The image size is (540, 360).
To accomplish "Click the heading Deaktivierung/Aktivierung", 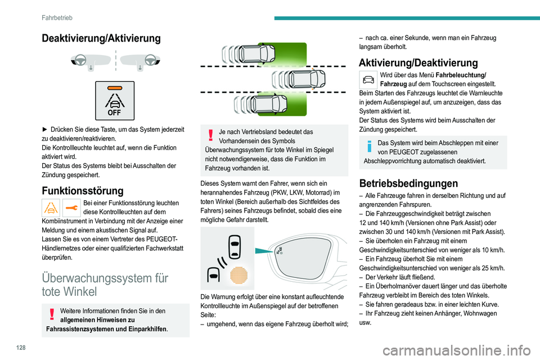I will tap(100, 38).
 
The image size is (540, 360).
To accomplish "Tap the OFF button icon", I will tap(115, 101).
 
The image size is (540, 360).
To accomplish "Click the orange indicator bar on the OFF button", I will tap(115, 88).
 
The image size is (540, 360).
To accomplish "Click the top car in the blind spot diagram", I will tap(258, 54).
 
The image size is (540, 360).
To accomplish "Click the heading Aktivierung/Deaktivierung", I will tap(418, 62).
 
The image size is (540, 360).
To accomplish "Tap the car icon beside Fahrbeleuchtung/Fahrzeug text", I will tap(368, 79).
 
